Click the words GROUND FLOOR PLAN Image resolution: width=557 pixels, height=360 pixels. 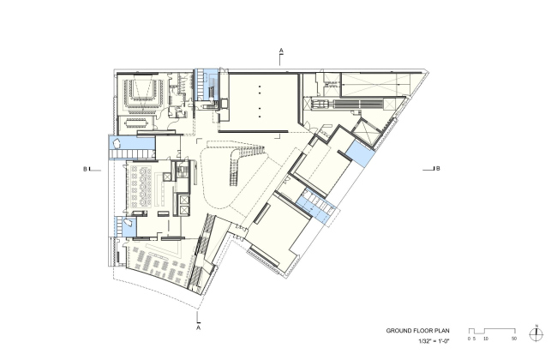pos(417,331)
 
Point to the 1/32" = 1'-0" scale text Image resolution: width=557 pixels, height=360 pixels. pos(434,341)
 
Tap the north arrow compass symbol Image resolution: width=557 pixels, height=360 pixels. pos(536,334)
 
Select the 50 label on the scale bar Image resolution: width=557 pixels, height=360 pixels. pos(514,339)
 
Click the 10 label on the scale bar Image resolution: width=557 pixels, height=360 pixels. pos(486,339)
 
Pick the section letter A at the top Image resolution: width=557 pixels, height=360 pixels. pos(281,51)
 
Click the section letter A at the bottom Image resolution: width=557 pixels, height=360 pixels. pos(198,327)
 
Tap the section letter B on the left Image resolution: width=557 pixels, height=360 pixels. pos(85,169)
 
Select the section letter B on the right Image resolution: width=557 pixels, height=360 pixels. pos(438,169)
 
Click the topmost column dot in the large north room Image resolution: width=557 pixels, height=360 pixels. pos(260,86)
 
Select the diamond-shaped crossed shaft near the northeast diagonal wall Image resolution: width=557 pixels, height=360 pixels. pos(365,132)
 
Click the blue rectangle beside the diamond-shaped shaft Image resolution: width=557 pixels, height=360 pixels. pos(360,154)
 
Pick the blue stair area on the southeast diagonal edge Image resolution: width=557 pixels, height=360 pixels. pos(316,207)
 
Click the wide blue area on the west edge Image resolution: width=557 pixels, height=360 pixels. pos(132,147)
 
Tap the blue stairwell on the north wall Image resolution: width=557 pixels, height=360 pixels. pos(206,85)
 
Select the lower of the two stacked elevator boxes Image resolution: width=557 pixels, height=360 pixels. pos(184,210)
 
